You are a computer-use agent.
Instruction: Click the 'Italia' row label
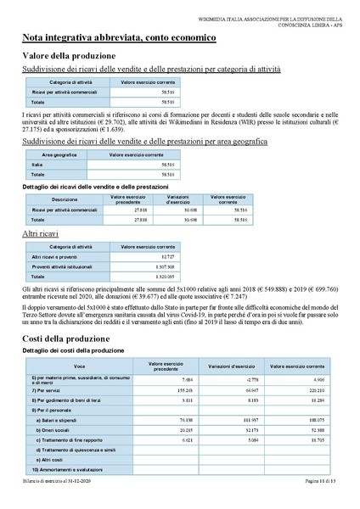(x=37, y=165)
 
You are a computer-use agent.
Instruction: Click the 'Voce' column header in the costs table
(x=80, y=366)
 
